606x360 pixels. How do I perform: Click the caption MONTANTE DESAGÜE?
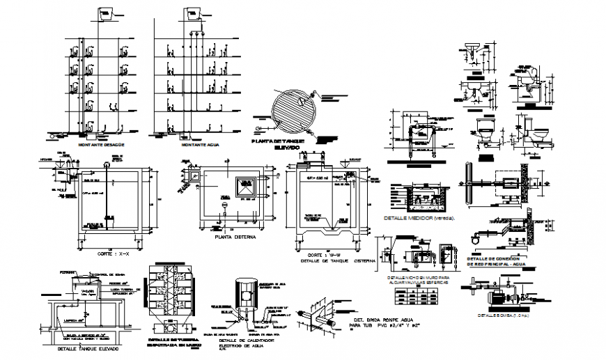(104, 144)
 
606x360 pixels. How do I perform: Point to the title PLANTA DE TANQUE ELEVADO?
(278, 144)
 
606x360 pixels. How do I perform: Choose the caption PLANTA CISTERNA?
(235, 237)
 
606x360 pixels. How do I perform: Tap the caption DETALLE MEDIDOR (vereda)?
(419, 218)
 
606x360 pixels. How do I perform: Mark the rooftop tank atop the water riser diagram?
(192, 15)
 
